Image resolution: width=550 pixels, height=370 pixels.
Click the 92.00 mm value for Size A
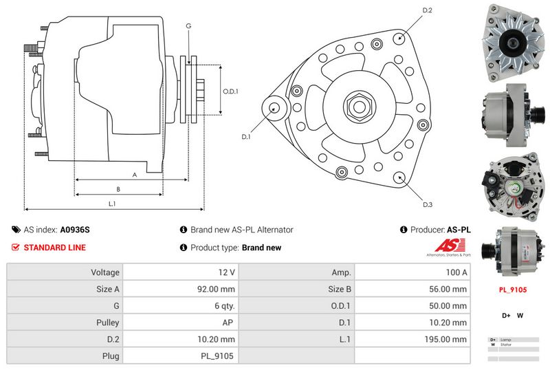coord(218,289)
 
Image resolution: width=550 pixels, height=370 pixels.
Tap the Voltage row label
coord(105,272)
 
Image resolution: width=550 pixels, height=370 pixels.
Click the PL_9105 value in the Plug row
coord(219,356)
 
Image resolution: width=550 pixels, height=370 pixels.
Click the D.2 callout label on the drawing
coord(427,11)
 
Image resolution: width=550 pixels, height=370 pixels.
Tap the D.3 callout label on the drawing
coord(428,204)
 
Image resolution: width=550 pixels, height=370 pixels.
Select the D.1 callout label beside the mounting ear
coord(246,136)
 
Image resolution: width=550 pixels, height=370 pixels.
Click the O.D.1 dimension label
coord(230,91)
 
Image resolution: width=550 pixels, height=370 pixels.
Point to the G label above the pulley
coord(188,26)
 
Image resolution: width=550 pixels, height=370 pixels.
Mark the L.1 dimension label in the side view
coord(112,204)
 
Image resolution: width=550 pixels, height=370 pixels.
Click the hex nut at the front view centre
coord(358,107)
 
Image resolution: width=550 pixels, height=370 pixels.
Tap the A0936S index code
coord(75,230)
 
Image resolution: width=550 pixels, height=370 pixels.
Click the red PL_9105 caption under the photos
coord(512,290)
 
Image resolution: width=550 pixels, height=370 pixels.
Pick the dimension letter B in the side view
coord(118,189)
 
